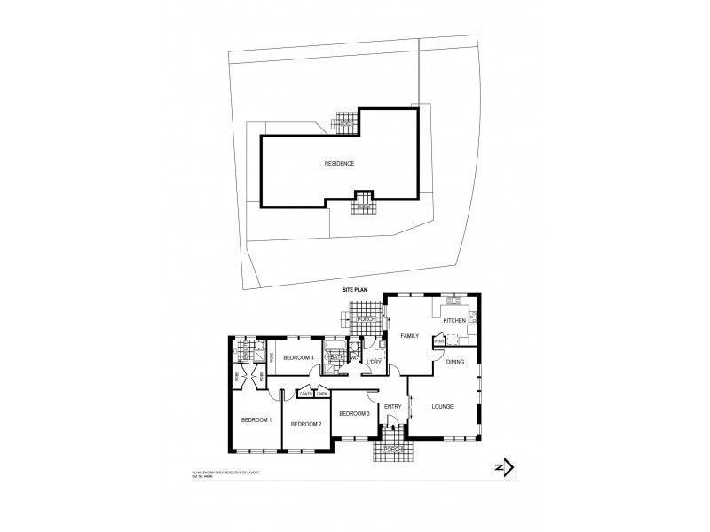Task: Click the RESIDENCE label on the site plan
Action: coord(339,163)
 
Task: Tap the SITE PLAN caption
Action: coord(355,290)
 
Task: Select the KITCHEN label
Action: coord(454,320)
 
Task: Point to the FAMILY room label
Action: coord(409,336)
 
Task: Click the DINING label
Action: coord(455,362)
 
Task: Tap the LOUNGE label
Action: coord(442,407)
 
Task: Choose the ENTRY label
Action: coord(392,407)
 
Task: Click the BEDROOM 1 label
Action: coord(256,419)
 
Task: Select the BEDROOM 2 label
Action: coord(306,425)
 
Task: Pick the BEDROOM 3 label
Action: coord(354,413)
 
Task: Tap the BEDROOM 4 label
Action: coord(299,357)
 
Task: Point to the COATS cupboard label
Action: coord(305,394)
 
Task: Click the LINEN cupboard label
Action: coord(322,394)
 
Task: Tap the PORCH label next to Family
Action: coord(366,319)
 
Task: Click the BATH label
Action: coord(336,358)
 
